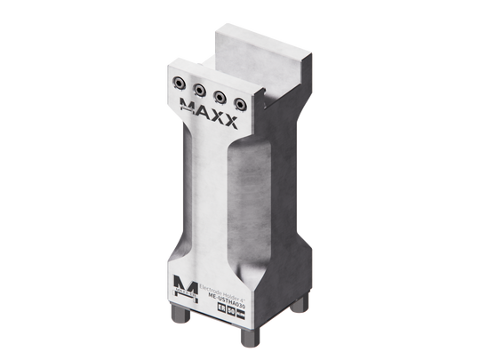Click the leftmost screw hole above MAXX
180,83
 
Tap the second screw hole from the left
198,89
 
